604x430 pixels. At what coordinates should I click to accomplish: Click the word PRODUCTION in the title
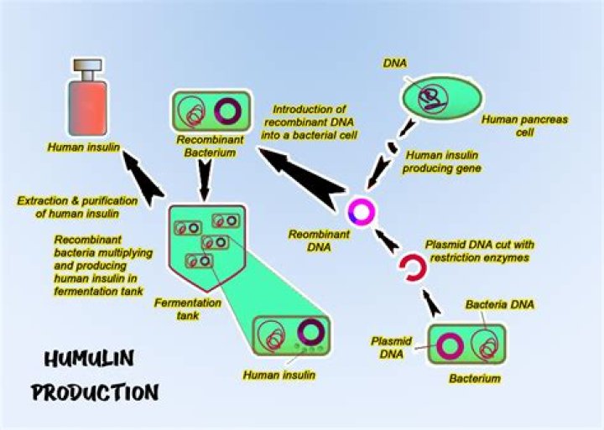(95, 391)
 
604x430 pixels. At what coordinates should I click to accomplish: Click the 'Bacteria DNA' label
(499, 303)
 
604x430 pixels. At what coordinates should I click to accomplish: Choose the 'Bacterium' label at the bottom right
(475, 379)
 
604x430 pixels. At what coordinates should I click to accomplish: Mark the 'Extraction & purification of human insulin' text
(71, 207)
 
